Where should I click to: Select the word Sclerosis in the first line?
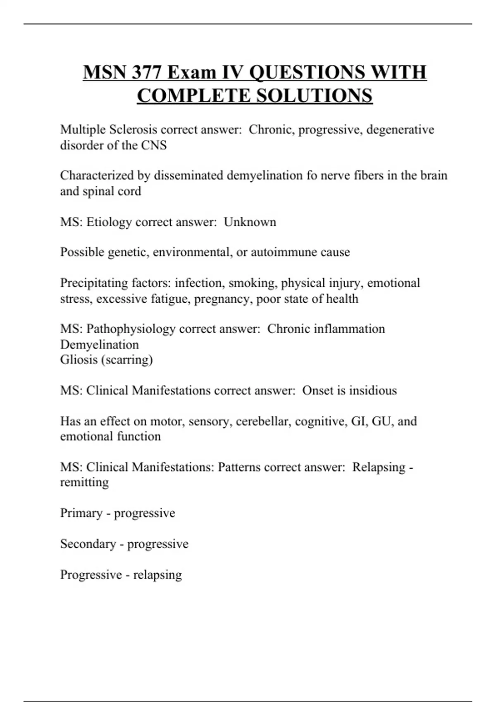pos(133,130)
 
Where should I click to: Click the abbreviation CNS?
pos(154,145)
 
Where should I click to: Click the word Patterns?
pos(239,467)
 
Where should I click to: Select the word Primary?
pos(81,513)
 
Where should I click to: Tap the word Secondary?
pos(88,544)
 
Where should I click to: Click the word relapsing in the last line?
pos(157,575)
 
